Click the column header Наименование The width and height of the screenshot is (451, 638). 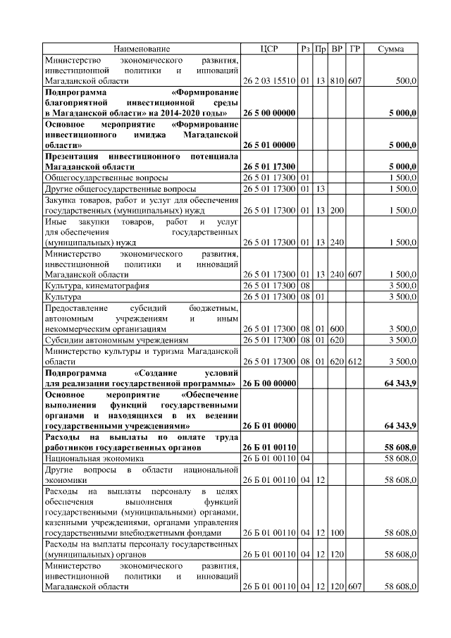click(142, 49)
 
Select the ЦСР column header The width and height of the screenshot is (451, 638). click(269, 49)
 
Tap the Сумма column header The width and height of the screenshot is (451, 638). click(391, 49)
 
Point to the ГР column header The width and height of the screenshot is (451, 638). click(355, 49)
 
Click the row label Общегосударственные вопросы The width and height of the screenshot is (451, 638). click(97, 177)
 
